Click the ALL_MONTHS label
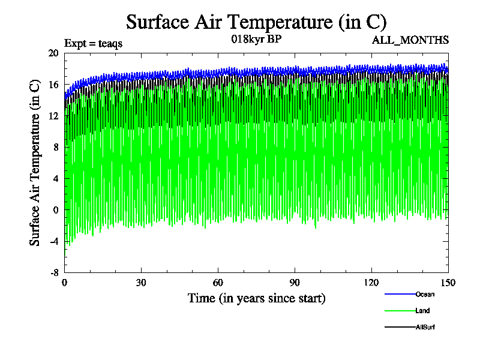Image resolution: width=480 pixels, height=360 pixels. [410, 40]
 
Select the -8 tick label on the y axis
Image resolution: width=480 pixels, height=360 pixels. [53, 272]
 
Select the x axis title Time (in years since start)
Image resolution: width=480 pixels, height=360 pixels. [256, 298]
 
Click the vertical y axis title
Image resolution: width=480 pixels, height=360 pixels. [35, 163]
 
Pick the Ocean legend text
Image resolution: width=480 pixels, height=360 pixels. [425, 294]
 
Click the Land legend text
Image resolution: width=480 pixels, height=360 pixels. [422, 311]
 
